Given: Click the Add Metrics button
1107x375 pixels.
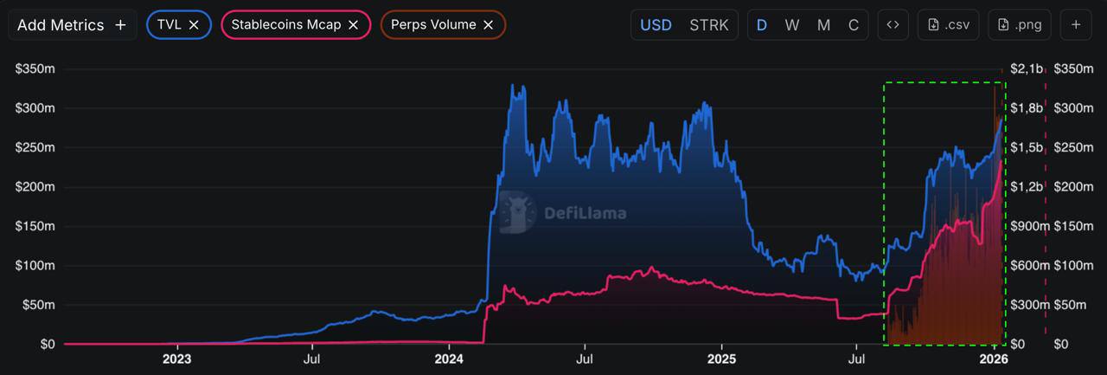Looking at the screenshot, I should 72,25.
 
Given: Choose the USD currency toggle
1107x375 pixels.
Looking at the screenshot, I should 656,25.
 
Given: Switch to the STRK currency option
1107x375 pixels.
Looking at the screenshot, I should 709,25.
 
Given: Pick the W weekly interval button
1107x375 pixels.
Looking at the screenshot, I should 792,25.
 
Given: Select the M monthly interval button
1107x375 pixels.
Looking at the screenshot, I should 823,25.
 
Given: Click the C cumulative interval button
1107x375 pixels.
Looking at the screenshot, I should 854,25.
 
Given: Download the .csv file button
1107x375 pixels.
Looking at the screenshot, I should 948,25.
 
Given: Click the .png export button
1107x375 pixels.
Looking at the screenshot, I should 1020,25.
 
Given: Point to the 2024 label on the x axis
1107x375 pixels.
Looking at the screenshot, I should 449,358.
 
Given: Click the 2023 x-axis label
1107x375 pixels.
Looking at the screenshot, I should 176,358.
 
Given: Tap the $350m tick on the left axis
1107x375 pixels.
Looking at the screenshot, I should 35,69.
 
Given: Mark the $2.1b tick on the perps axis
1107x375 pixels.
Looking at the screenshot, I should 1027,69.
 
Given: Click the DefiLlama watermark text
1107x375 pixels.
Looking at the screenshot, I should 585,213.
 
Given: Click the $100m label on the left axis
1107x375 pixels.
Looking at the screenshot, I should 35,266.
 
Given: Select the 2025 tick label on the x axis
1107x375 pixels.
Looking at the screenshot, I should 721,358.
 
